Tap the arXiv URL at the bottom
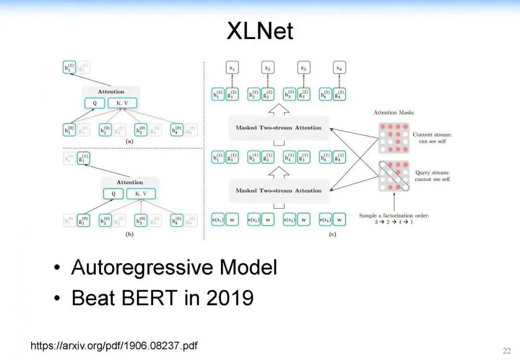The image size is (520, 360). point(114,346)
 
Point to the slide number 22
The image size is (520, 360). point(507,350)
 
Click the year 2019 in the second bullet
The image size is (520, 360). point(230,298)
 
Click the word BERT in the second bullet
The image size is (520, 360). point(150,298)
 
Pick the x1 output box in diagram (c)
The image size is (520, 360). point(232,68)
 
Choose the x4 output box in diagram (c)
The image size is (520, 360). point(339,68)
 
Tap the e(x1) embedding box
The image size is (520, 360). point(218,220)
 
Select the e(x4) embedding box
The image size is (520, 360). point(325,220)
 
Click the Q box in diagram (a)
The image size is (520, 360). point(94,103)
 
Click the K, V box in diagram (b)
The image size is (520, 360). point(141,194)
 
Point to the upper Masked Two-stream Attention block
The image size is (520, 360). point(278,128)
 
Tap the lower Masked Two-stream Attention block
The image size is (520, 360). point(278,190)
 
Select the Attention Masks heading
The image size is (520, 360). point(393,112)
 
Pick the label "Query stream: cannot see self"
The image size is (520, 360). point(432,175)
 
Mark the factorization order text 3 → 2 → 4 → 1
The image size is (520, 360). point(394,222)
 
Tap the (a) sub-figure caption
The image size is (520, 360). point(129,142)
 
